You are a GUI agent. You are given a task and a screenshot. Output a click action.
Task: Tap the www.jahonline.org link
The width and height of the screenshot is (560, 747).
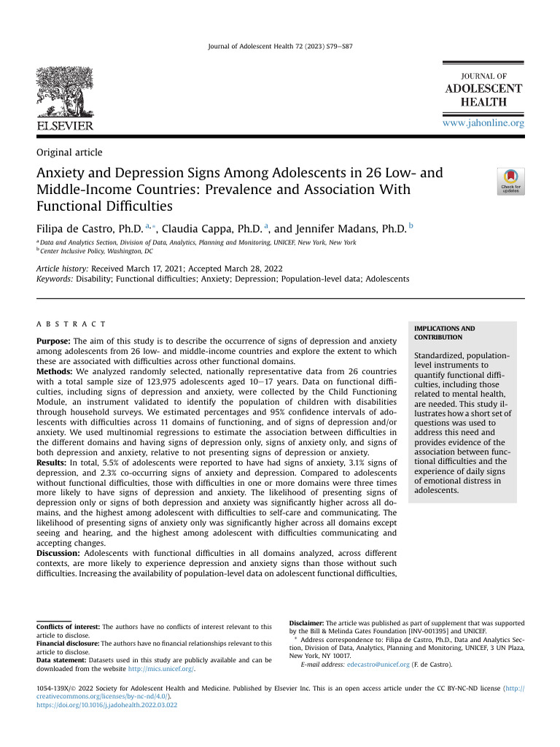(x=483, y=123)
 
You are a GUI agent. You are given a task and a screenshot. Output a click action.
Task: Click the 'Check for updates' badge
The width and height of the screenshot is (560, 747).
(x=510, y=181)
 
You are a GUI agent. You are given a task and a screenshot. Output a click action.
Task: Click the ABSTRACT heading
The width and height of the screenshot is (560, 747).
(x=71, y=324)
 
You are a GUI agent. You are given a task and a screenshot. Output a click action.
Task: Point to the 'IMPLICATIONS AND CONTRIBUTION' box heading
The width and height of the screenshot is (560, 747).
(x=444, y=333)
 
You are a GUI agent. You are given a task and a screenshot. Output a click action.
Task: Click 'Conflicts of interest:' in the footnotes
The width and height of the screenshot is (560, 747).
(x=68, y=627)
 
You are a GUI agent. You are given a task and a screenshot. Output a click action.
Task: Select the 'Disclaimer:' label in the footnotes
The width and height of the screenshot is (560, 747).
(x=306, y=623)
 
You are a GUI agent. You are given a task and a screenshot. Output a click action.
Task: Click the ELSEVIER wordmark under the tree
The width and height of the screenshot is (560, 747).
(x=65, y=126)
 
